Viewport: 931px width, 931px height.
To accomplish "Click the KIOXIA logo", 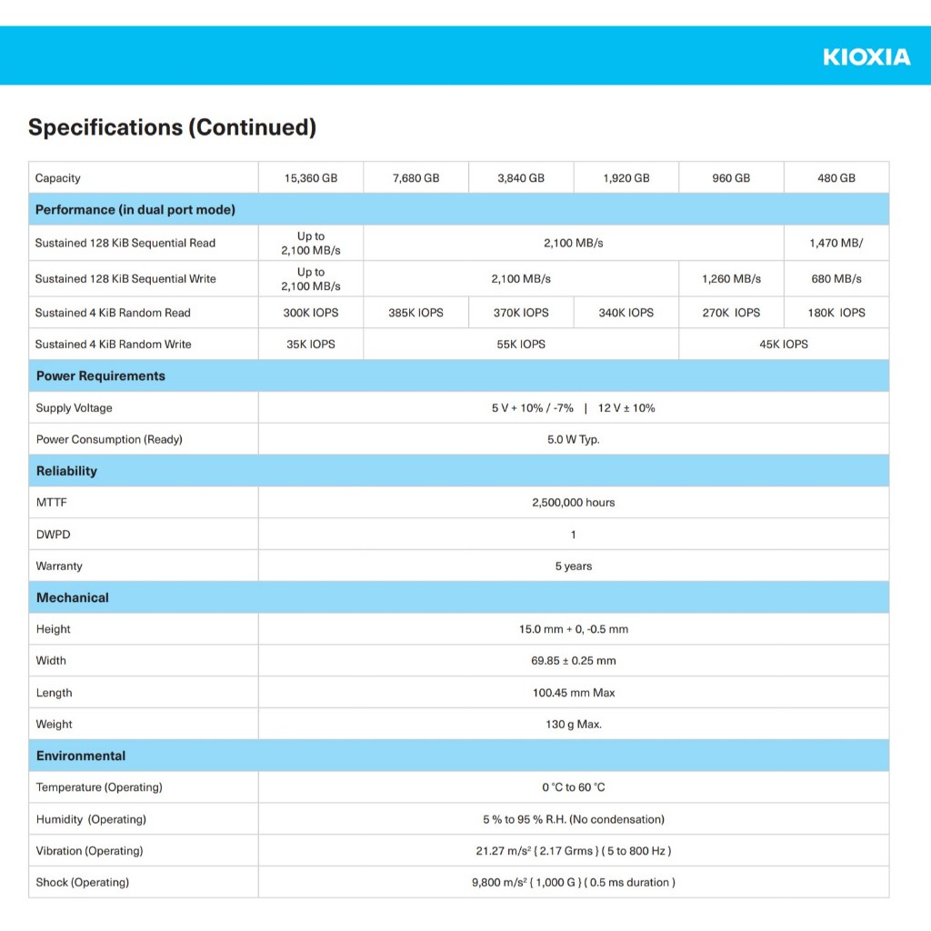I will tap(866, 57).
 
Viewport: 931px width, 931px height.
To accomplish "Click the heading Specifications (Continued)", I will tap(172, 127).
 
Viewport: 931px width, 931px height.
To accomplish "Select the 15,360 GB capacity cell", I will tap(311, 178).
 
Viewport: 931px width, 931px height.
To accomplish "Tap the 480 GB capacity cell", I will tap(836, 178).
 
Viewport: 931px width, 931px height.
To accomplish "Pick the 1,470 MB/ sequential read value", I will tap(836, 244).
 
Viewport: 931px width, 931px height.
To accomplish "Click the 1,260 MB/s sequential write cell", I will tap(731, 279).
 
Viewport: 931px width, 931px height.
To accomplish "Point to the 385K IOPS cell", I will tap(415, 313).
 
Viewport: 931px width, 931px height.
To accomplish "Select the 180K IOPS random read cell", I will tap(836, 313).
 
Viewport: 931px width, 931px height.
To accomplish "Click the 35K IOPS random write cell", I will tap(311, 345).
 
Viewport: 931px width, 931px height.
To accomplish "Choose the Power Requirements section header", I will tap(101, 376).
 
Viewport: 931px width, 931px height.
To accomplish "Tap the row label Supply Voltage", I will tap(75, 408).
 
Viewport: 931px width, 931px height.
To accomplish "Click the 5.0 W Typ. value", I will tap(573, 440).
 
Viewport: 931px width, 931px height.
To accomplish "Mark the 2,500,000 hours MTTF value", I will tap(573, 503).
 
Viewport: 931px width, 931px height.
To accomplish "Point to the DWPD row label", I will tap(53, 535).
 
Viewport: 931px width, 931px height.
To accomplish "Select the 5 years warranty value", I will tap(573, 566).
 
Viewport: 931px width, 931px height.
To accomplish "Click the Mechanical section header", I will tap(73, 598).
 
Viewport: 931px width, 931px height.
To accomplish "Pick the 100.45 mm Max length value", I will tap(573, 693).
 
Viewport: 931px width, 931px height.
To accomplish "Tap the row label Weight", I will tap(54, 725).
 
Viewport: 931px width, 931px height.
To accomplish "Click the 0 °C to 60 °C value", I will tap(573, 787).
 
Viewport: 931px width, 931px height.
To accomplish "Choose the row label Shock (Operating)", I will tap(83, 883).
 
